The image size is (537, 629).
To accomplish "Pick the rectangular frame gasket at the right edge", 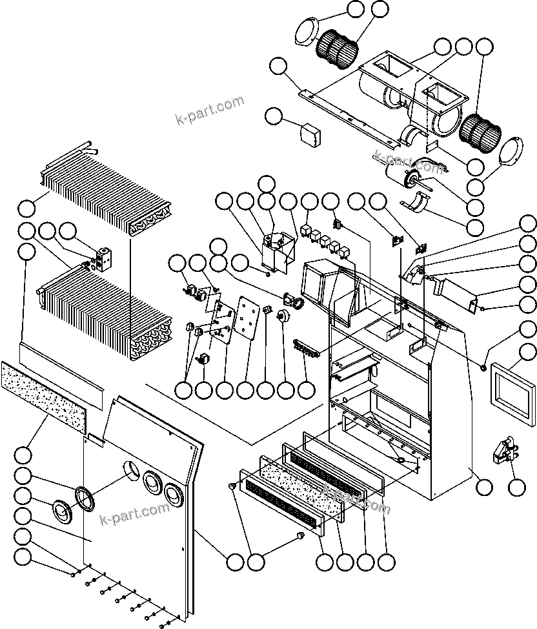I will point(514,387).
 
